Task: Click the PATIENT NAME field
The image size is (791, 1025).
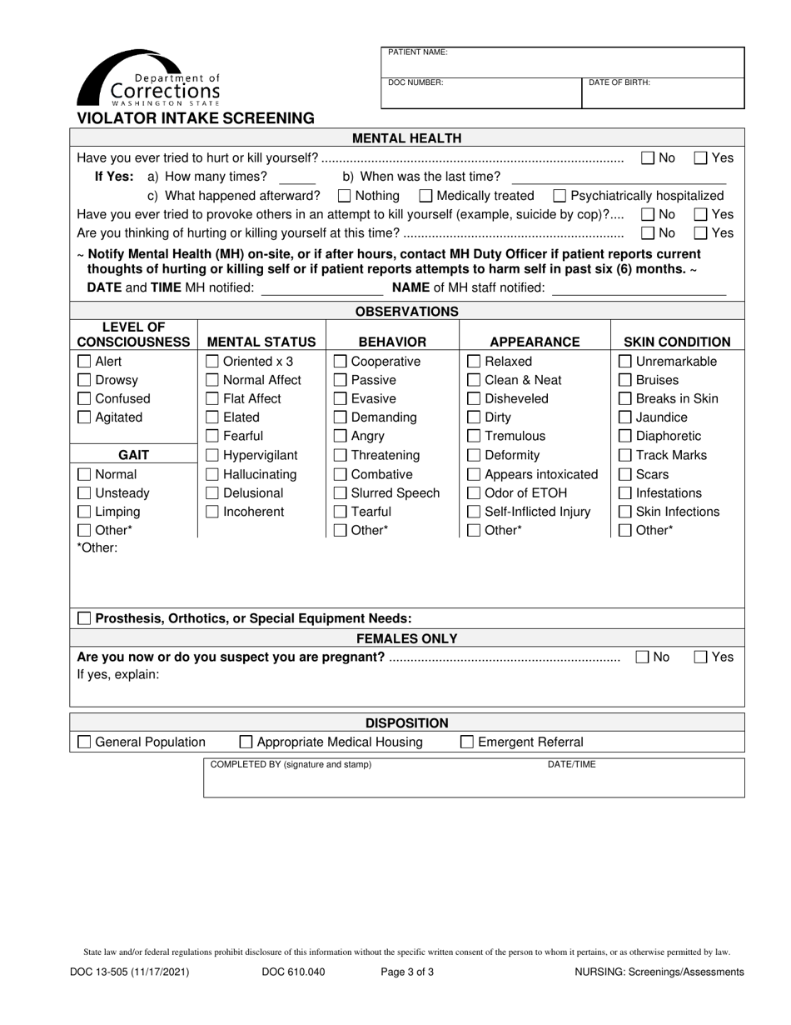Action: [x=562, y=63]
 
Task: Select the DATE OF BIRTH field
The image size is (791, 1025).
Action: [x=662, y=93]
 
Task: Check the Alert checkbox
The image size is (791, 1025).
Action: [x=84, y=362]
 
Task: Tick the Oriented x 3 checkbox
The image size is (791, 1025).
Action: [x=212, y=362]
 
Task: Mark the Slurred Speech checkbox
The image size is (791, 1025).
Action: [x=340, y=493]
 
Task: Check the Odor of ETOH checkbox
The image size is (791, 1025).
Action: [x=473, y=493]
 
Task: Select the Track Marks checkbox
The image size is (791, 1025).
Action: [x=624, y=456]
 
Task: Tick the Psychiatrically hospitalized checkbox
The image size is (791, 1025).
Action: [x=560, y=196]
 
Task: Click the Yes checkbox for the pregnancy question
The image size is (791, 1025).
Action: [x=701, y=657]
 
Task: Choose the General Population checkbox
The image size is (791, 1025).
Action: [x=84, y=742]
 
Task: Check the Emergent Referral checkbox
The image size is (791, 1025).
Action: [x=467, y=742]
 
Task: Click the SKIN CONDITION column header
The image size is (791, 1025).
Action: [x=677, y=342]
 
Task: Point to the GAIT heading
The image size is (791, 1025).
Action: [x=133, y=455]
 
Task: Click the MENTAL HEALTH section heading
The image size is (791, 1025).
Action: [x=407, y=138]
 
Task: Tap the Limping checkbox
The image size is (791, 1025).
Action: [x=84, y=512]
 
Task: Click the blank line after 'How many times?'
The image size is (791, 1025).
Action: [x=297, y=178]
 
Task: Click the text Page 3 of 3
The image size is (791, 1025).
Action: [x=407, y=972]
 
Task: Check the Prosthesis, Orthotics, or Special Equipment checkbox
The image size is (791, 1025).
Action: [x=84, y=619]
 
